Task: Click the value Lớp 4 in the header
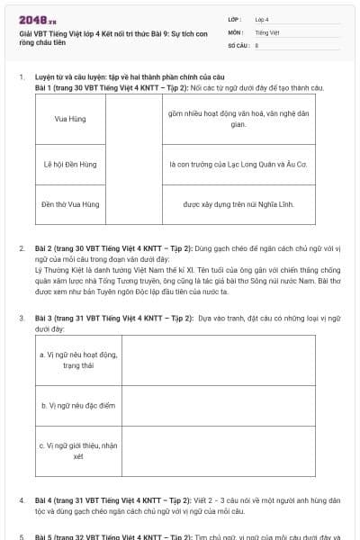click(262, 18)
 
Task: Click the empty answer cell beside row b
click(219, 406)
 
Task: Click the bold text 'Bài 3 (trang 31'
click(63, 318)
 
